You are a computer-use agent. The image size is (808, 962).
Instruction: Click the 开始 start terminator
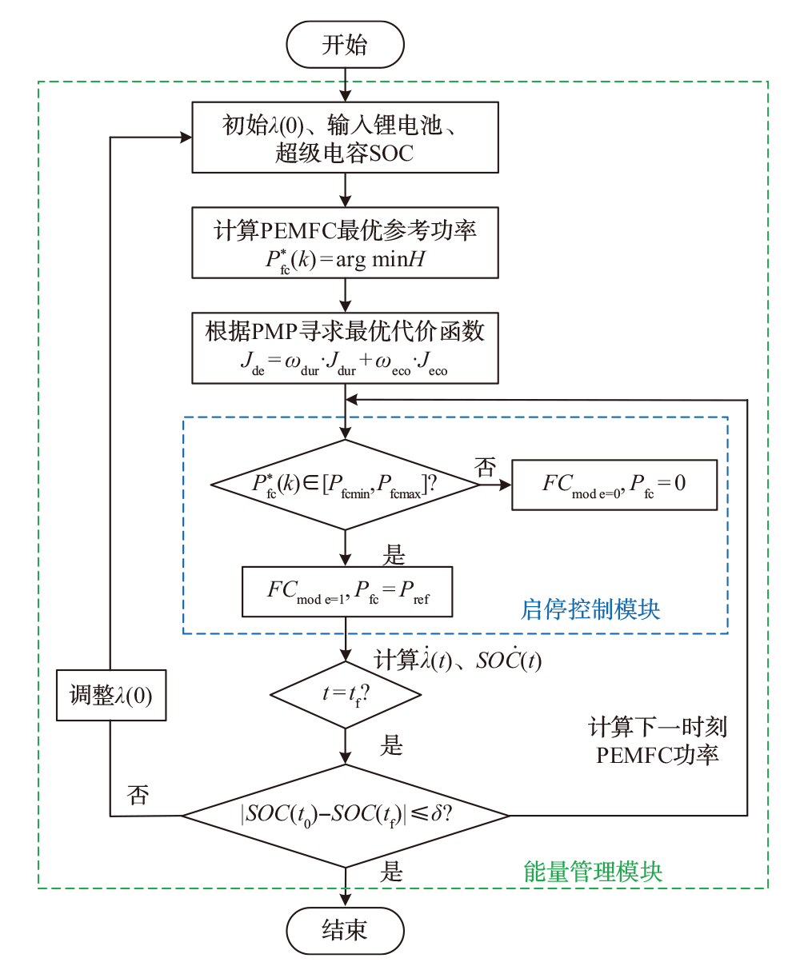(345, 45)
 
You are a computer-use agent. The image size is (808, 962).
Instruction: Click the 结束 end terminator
(345, 930)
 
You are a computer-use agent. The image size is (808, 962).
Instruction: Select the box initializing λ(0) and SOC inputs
(345, 137)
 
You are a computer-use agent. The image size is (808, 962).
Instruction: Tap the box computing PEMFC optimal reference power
(345, 243)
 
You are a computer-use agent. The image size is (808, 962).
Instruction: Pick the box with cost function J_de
(345, 348)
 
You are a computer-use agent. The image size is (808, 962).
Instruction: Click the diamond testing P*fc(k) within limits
(345, 484)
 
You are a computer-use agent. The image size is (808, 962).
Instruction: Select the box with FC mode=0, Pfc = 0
(614, 484)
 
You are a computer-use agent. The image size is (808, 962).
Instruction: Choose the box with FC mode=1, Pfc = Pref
(347, 592)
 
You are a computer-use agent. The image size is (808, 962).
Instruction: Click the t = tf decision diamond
(346, 694)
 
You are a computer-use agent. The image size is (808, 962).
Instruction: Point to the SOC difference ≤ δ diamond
(346, 816)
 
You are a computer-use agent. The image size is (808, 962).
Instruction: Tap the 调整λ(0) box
(111, 695)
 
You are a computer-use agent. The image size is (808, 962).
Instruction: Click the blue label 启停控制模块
(590, 609)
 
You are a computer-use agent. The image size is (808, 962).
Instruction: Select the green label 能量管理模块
(593, 870)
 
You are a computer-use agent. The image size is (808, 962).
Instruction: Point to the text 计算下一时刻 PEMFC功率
(658, 740)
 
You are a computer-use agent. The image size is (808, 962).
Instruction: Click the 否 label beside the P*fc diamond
(486, 468)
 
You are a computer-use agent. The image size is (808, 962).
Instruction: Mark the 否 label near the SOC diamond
(138, 795)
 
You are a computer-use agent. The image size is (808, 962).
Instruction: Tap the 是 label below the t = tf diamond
(391, 746)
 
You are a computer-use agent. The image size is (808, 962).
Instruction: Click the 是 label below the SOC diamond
(391, 871)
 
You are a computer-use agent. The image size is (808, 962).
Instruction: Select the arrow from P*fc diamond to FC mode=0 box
(495, 484)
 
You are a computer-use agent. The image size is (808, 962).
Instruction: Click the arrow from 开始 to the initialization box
(346, 85)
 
